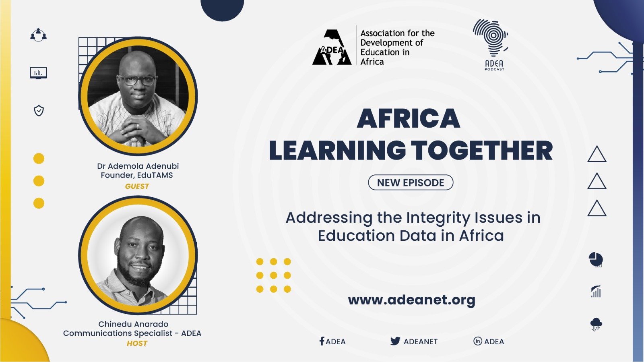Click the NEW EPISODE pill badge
tap(411, 182)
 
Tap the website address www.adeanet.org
tap(411, 300)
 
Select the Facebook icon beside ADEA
tap(322, 341)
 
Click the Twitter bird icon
tap(395, 341)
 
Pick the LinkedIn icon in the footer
tap(477, 341)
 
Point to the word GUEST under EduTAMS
tap(137, 186)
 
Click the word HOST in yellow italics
tap(137, 343)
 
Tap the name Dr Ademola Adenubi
tap(138, 166)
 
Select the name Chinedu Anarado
tap(133, 324)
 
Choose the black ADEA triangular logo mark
tap(332, 47)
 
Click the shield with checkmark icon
tap(39, 111)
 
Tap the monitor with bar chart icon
tap(39, 73)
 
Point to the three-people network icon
tap(39, 35)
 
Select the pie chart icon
tap(596, 260)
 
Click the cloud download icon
tap(596, 325)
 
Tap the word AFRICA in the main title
tap(408, 118)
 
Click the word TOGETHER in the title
tap(482, 150)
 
